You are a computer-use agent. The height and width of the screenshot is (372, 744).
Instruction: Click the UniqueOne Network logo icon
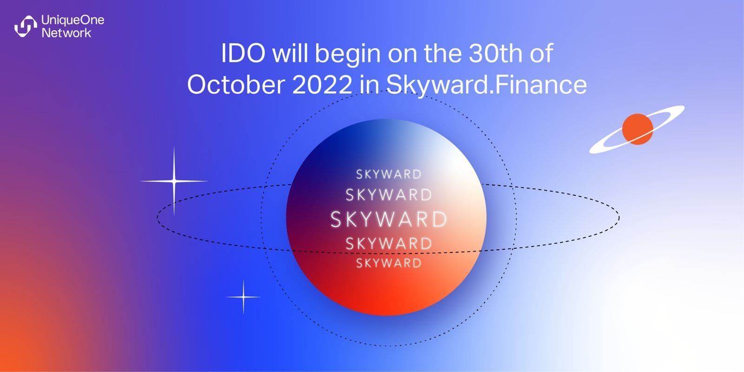pos(26,26)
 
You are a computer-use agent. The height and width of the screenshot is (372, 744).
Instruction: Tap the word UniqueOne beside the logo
pos(73,20)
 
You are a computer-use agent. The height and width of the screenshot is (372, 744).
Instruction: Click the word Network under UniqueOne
pos(66,33)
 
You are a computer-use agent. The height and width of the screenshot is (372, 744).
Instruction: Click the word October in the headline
pos(236,84)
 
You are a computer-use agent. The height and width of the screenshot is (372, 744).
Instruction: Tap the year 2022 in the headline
pos(322,84)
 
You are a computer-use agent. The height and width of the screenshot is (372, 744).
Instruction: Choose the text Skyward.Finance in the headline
pos(486,85)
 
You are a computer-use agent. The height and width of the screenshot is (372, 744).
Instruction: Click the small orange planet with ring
pos(638,129)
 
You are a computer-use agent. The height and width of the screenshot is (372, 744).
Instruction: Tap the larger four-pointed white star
pos(174,181)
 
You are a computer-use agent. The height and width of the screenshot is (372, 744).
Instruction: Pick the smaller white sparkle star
pos(244,297)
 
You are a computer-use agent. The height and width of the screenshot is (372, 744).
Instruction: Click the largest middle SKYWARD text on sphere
pos(389,219)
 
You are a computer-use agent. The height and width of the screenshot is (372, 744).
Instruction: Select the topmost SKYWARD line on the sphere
pos(389,174)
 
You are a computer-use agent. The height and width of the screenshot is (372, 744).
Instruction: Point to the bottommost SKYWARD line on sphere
pos(389,263)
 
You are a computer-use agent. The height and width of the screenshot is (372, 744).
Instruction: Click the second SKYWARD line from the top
pos(389,195)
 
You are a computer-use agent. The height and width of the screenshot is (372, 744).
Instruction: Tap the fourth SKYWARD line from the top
pos(389,244)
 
